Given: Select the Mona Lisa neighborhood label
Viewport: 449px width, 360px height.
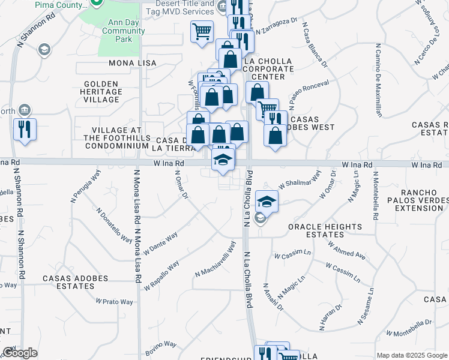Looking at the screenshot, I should point(133,63).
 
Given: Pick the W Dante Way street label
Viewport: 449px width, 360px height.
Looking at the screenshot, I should point(160,244).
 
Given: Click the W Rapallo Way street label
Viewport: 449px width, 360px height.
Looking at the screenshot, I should point(161,275).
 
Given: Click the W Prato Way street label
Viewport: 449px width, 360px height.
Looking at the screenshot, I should point(114,302).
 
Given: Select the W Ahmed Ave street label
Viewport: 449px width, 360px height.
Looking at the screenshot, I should point(346,249).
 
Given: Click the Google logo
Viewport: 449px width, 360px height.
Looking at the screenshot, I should point(20,353).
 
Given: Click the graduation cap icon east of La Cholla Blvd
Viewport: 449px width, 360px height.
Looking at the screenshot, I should point(267,201).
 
